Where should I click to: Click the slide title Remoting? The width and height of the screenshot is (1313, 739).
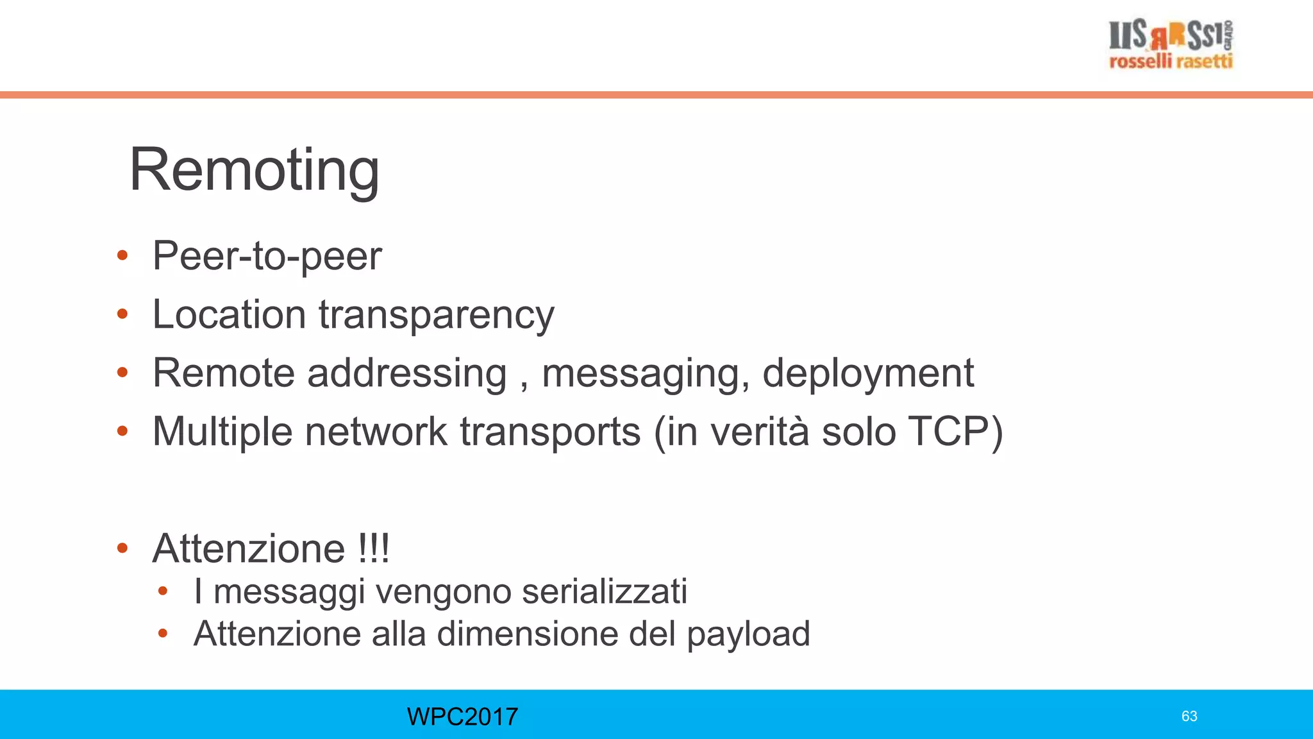(255, 170)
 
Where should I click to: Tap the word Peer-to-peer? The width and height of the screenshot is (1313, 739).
(267, 256)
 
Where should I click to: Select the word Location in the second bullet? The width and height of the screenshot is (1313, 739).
(229, 314)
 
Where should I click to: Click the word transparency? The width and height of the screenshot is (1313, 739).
(436, 316)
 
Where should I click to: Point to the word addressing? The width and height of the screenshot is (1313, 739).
(407, 373)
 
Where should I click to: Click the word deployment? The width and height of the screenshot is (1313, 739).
(867, 373)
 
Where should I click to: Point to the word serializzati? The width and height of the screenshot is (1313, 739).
(604, 591)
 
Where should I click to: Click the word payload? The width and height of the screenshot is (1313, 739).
(748, 634)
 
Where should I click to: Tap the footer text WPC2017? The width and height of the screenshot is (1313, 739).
(462, 717)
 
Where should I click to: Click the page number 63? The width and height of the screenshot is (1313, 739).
(1189, 717)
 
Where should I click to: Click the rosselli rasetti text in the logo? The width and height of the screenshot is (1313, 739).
(1171, 62)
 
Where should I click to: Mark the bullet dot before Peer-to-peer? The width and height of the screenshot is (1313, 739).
(122, 257)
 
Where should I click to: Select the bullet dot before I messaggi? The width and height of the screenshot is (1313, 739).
(163, 591)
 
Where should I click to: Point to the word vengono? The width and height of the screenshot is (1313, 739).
(443, 592)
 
